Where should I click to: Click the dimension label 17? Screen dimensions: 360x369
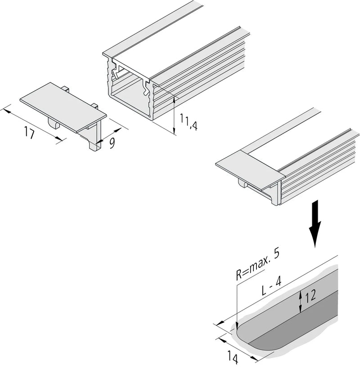tap(29, 133)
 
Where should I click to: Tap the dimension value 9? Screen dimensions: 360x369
tap(112, 142)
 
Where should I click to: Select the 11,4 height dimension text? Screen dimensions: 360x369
tap(189, 122)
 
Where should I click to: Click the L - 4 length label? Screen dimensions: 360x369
tap(271, 287)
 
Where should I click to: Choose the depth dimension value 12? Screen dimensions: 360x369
tap(310, 296)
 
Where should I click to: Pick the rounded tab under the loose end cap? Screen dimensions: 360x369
tap(54, 123)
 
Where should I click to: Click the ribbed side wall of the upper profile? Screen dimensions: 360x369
tap(200, 80)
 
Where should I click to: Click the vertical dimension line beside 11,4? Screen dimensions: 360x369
tap(174, 116)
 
